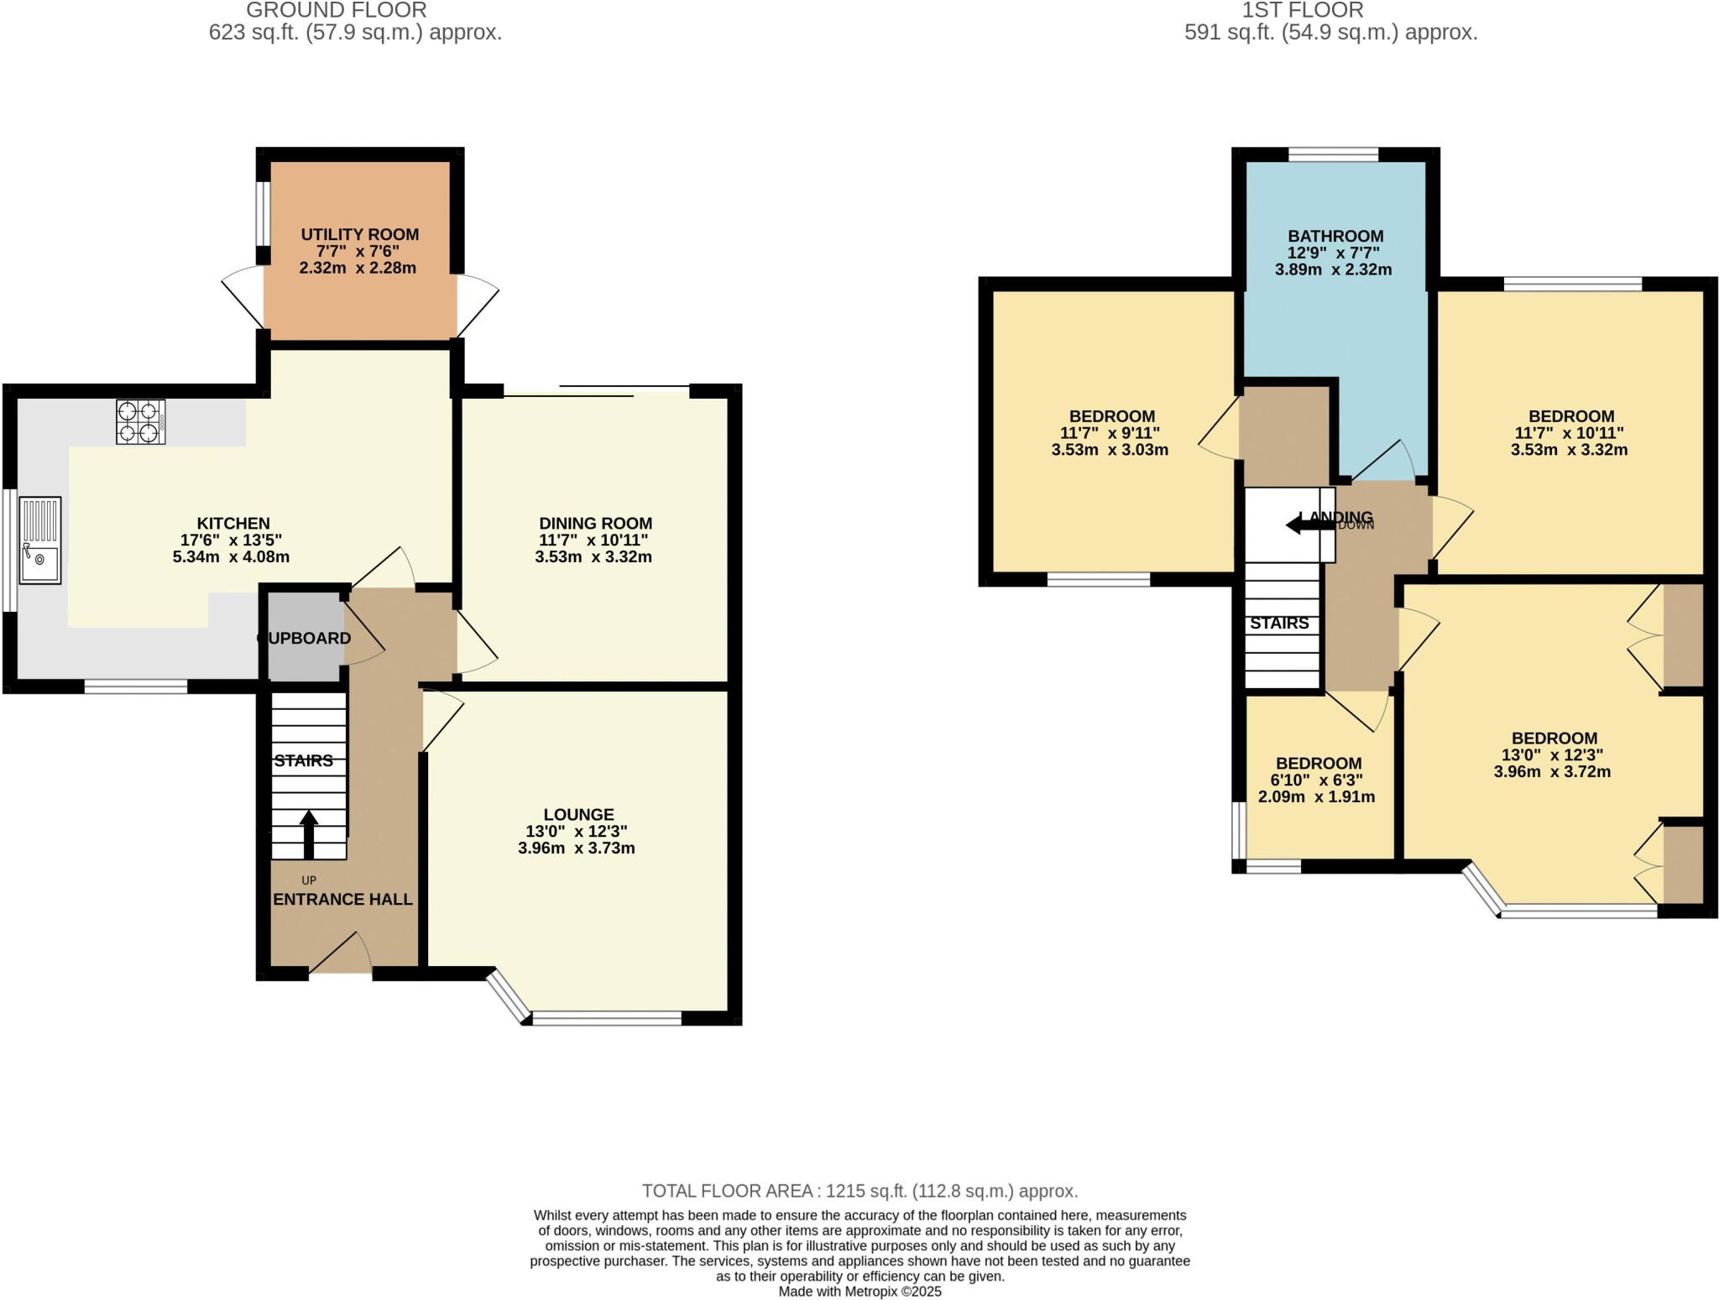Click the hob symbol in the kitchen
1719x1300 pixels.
[140, 422]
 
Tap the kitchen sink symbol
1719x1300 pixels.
[40, 540]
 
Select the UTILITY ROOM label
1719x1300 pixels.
[359, 235]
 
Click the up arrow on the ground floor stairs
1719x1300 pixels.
[309, 833]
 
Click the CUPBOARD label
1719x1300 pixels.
[304, 639]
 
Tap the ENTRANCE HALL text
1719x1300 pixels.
[343, 900]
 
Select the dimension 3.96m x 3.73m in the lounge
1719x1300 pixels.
[577, 848]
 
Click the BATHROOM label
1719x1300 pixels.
[1335, 237]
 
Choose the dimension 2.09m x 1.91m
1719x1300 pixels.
[1316, 797]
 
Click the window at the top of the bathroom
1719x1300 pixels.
[1333, 154]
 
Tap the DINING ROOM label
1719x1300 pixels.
[595, 524]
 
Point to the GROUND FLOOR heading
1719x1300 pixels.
[336, 11]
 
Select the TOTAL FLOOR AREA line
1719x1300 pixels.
[859, 1191]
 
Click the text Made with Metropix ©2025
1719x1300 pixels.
[859, 1292]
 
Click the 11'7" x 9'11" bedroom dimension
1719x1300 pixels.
[1110, 433]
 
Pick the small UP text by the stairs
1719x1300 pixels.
[308, 880]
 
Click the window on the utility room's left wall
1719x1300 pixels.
[263, 213]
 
